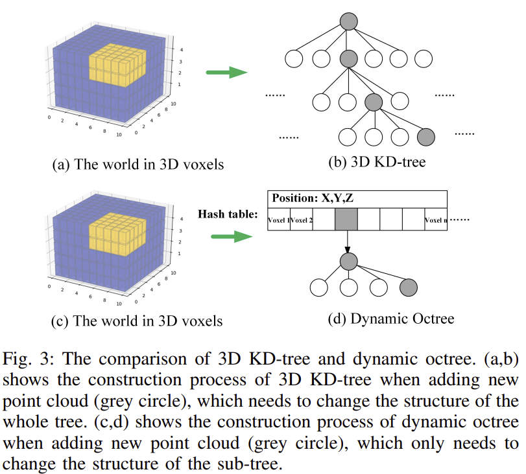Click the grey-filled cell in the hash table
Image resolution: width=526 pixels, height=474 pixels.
(x=346, y=220)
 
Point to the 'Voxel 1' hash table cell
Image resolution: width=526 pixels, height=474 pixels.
(x=279, y=220)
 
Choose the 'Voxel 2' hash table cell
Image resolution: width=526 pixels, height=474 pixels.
(x=301, y=220)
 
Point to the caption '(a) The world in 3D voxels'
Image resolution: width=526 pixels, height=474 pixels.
(x=137, y=164)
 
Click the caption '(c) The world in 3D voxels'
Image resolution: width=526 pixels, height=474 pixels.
(x=136, y=321)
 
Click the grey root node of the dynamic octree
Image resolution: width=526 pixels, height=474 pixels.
(x=349, y=262)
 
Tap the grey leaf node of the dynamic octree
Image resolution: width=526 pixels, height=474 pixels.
(x=409, y=288)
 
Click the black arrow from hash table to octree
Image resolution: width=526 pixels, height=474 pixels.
(x=348, y=242)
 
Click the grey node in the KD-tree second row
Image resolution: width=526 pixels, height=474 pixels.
(x=349, y=59)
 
